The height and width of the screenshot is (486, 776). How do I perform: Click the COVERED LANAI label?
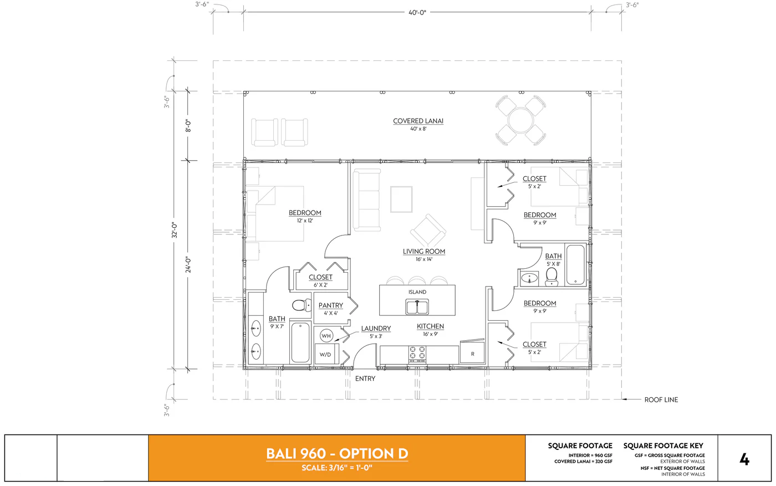pos(418,121)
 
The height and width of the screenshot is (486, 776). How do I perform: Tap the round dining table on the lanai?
pos(520,120)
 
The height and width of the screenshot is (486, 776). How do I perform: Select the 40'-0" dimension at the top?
pos(417,12)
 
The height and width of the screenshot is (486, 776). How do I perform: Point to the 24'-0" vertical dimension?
pos(188,264)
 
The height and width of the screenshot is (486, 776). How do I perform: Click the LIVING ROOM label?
pos(423,252)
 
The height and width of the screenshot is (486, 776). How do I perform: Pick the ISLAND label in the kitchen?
pos(417,292)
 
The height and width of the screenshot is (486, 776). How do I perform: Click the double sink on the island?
pos(417,306)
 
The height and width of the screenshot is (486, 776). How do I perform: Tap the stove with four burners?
pos(417,354)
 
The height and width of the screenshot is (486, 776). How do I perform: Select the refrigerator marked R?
pos(472,354)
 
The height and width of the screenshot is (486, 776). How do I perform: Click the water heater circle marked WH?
pos(326,336)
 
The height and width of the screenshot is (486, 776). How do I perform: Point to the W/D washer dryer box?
pos(325,354)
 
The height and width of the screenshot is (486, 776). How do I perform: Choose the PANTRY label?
pos(331,305)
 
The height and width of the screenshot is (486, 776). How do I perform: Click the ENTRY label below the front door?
pos(365,378)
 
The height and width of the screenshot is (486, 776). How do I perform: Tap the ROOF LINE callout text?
pos(661,400)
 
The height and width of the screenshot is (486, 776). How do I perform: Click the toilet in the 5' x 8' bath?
pos(552,275)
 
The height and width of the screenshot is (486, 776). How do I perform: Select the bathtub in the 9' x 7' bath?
pos(300,342)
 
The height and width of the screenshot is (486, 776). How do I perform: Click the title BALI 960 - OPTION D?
pos(337,453)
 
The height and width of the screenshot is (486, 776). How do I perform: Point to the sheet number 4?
pos(744,459)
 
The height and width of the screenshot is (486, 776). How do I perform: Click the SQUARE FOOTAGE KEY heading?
pos(663,446)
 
